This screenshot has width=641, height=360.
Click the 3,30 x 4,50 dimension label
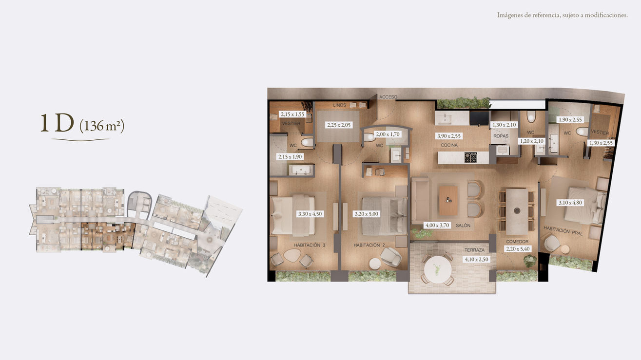[310, 213]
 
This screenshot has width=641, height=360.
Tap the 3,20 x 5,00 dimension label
[367, 213]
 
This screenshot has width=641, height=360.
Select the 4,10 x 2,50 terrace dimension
[476, 259]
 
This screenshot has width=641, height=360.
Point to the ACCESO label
[388, 97]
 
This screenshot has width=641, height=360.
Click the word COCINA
[449, 145]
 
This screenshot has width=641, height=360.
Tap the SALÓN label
[463, 226]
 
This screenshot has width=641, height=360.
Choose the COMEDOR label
[517, 241]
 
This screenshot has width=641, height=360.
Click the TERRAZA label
[474, 249]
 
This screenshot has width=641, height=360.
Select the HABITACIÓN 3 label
[310, 245]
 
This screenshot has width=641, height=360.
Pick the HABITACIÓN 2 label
[369, 245]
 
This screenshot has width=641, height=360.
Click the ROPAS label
[501, 136]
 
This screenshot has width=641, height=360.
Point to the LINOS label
[339, 105]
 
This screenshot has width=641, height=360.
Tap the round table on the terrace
[438, 270]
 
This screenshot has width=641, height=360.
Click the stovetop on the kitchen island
[470, 157]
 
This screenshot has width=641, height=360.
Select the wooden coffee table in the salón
[448, 201]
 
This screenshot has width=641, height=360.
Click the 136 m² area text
[102, 126]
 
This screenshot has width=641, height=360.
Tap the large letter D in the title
[64, 123]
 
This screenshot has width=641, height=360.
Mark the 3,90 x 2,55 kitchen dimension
[448, 136]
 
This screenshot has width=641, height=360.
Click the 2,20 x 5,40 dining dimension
[518, 249]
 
